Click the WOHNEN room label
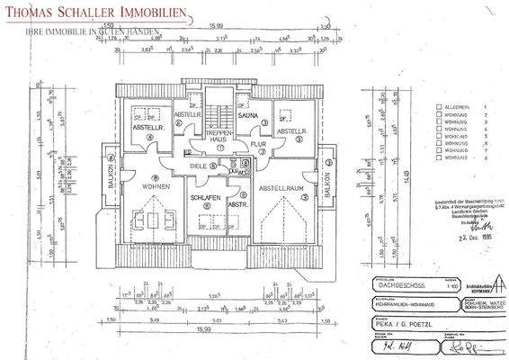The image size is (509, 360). tap(155, 187)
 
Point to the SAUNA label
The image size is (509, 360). tap(247, 116)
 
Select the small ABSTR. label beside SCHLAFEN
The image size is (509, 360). tap(238, 204)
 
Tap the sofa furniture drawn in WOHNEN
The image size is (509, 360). tap(156, 220)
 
